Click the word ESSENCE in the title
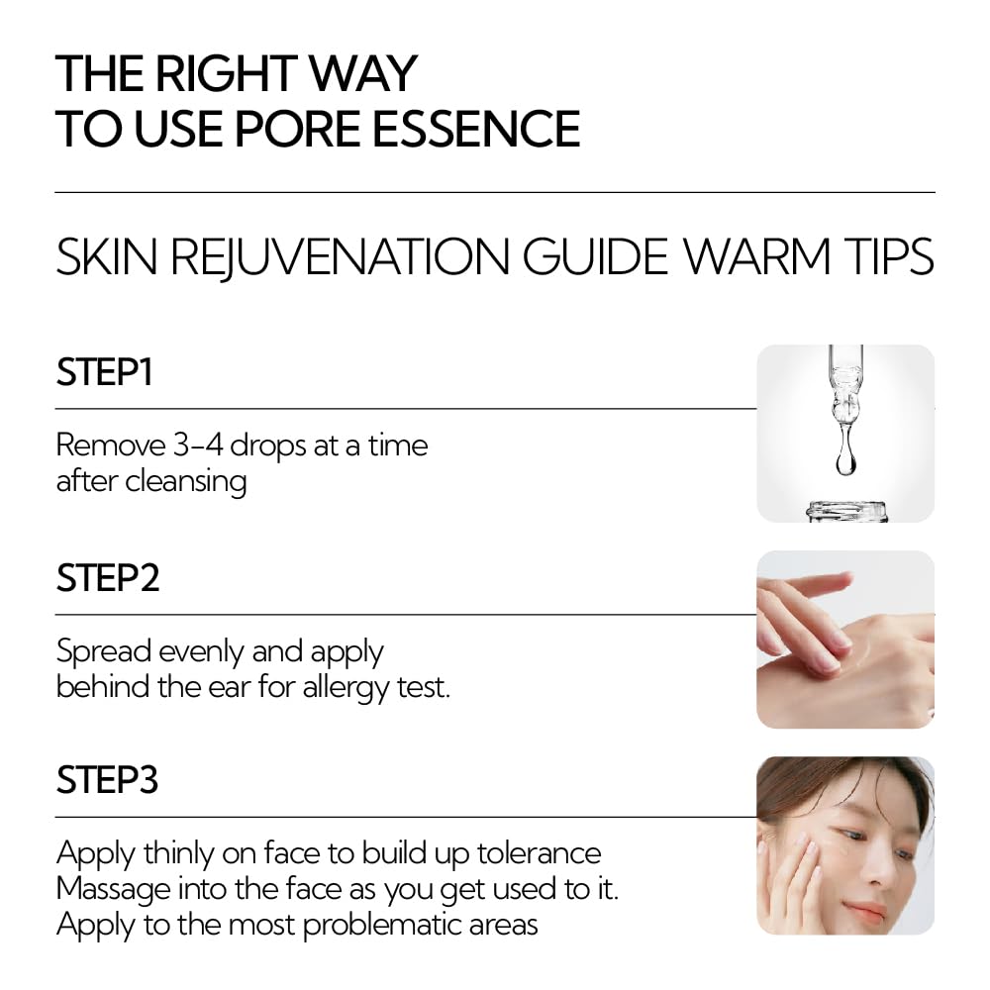click(x=476, y=128)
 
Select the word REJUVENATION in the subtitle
click(x=340, y=256)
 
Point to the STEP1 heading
click(x=104, y=372)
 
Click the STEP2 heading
click(x=108, y=578)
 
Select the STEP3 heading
click(x=107, y=780)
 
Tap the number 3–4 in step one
click(x=198, y=445)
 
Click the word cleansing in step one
click(x=186, y=482)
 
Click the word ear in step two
click(x=230, y=688)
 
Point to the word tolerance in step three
click(x=539, y=853)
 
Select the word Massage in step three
click(x=113, y=890)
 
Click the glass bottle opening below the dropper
click(x=846, y=510)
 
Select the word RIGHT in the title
click(x=226, y=73)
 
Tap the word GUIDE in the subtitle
click(x=596, y=256)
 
